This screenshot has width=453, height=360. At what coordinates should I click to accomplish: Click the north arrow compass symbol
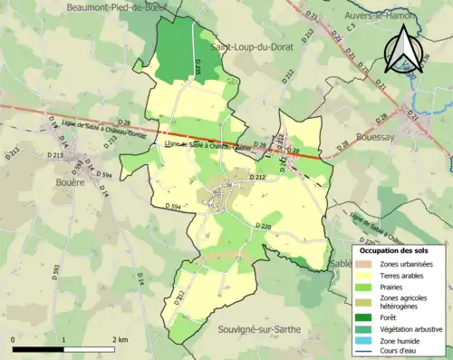pyautogui.click(x=405, y=50)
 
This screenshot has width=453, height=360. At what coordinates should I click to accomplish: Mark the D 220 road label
pyautogui.click(x=264, y=226)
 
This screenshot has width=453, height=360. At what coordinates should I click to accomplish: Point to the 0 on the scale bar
pyautogui.click(x=14, y=339)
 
